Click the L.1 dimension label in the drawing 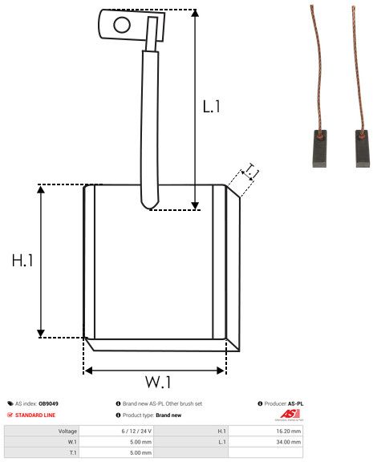point(212,106)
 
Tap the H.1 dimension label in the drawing point(22,261)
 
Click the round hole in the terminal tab point(121,24)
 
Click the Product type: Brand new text point(152,415)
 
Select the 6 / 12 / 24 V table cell point(135,431)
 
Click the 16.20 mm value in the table point(286,431)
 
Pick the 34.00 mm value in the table point(286,441)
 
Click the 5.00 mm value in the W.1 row point(140,441)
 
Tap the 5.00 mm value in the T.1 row point(140,452)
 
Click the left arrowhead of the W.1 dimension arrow point(87,371)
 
